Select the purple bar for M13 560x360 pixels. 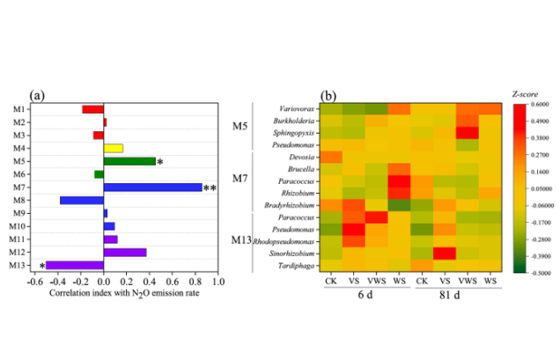click(75, 264)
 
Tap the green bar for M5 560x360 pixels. click(129, 161)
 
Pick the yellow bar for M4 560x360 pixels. click(114, 148)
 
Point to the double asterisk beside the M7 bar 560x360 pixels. click(210, 188)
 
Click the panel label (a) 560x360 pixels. click(38, 94)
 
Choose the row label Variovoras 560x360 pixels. click(293, 107)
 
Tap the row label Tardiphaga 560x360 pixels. click(293, 265)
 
